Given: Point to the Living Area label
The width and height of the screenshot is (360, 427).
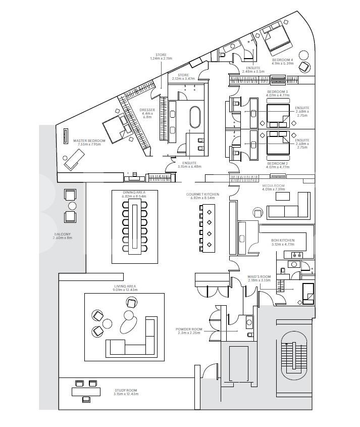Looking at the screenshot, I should click(125, 288).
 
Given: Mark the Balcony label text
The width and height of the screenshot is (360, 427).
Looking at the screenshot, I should click(64, 235).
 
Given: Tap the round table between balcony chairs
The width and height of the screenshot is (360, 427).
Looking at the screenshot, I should click(72, 206).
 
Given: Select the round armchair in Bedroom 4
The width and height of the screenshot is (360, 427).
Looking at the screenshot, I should click(304, 67).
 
